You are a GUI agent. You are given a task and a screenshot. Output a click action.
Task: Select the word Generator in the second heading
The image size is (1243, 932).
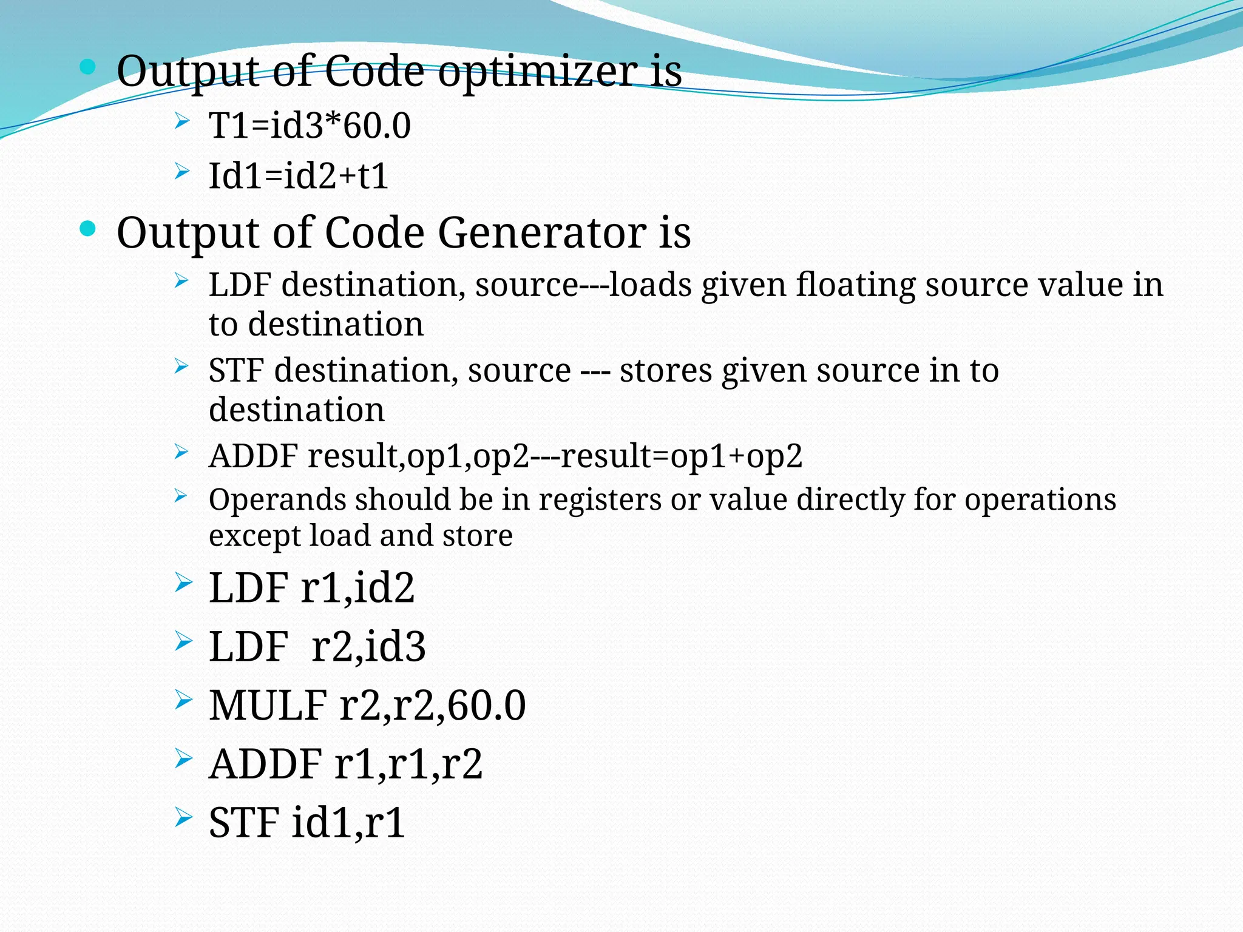pyautogui.click(x=543, y=233)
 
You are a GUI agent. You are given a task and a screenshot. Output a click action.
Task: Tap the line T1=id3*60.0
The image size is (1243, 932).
pyautogui.click(x=310, y=126)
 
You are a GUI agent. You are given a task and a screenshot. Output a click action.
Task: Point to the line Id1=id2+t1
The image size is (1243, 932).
pyautogui.click(x=298, y=177)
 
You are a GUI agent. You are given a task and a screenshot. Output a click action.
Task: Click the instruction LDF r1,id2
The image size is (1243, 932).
pyautogui.click(x=311, y=587)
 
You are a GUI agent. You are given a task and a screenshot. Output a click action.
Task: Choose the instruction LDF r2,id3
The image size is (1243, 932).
pyautogui.click(x=317, y=646)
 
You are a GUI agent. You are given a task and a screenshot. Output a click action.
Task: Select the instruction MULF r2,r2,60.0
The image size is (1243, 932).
pyautogui.click(x=367, y=705)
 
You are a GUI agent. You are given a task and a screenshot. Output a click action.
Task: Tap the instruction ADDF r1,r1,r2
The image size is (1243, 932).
pyautogui.click(x=345, y=764)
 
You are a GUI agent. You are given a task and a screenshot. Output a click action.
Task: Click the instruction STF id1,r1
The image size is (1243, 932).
pyautogui.click(x=307, y=823)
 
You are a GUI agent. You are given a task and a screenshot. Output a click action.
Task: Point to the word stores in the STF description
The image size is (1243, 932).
pyautogui.click(x=665, y=371)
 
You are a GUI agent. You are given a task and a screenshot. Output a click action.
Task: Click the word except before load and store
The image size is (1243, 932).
pyautogui.click(x=254, y=536)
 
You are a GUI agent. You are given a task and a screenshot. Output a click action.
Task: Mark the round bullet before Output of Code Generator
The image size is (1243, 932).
pyautogui.click(x=88, y=229)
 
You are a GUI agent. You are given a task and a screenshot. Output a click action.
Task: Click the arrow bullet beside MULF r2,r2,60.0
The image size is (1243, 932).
pyautogui.click(x=183, y=700)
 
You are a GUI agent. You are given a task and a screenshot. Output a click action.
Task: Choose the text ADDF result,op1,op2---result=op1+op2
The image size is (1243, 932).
pyautogui.click(x=505, y=456)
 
